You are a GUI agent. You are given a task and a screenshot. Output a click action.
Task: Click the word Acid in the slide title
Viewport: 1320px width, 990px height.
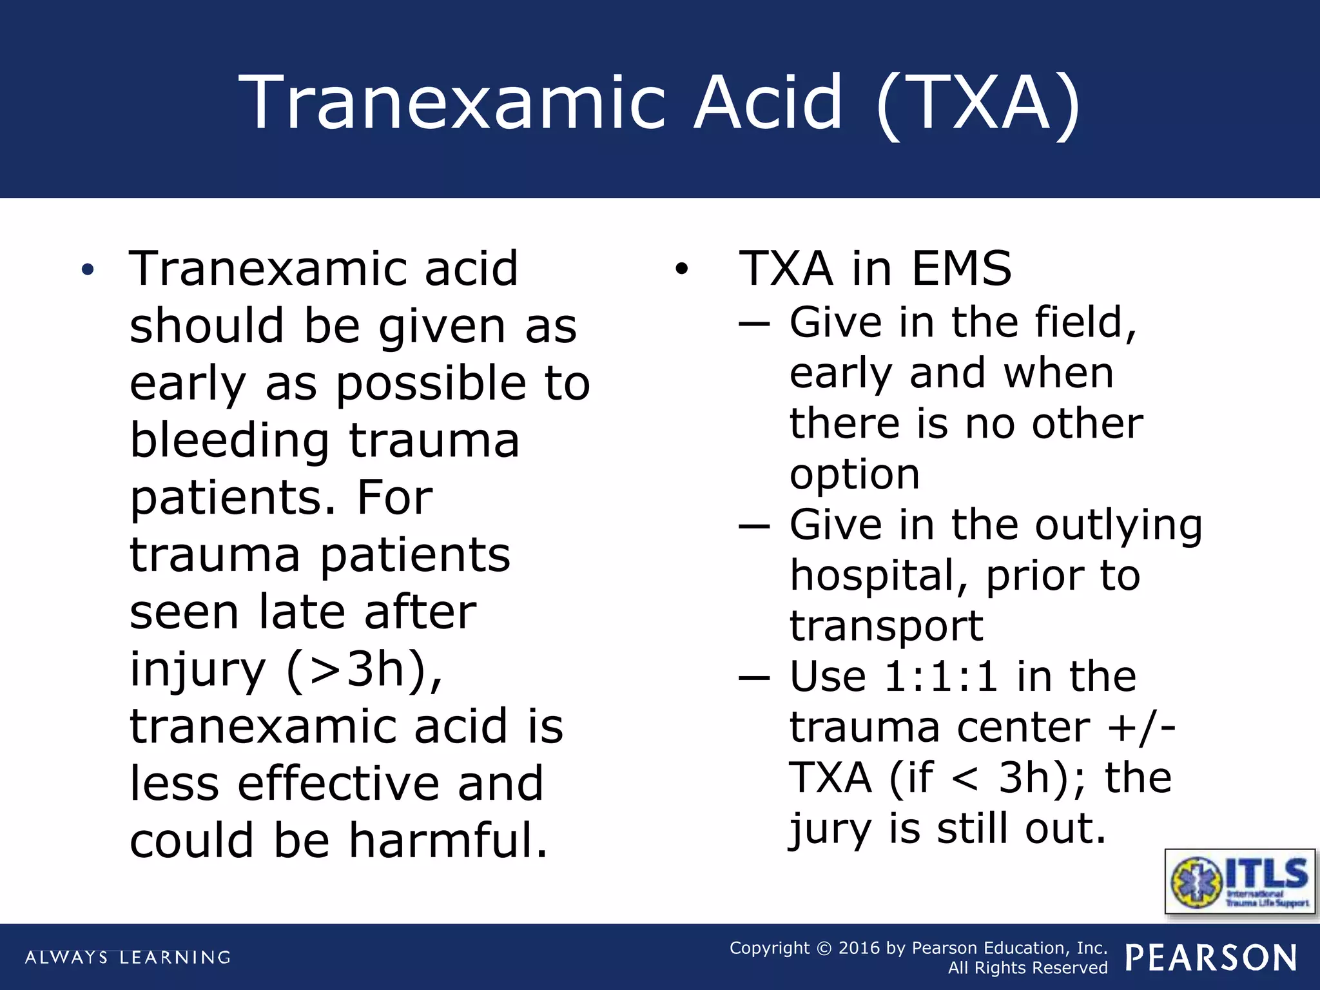[767, 102]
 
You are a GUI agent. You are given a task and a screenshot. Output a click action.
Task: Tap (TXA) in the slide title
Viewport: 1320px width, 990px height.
[979, 103]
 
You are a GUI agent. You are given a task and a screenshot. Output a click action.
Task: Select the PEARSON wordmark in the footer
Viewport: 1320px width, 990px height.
[1211, 958]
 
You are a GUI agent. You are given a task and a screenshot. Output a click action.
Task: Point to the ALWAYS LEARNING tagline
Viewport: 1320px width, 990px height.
[128, 957]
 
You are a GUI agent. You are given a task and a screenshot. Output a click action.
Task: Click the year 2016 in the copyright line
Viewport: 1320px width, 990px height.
[859, 947]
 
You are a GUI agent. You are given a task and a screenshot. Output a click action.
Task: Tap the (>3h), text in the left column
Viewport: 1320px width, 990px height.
[364, 670]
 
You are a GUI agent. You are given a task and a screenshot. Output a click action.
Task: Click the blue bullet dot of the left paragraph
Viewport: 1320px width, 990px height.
[88, 269]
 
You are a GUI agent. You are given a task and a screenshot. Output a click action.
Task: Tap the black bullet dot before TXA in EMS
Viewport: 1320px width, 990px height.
[681, 269]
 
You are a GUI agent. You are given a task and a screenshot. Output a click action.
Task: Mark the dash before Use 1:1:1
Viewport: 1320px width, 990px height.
[754, 678]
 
